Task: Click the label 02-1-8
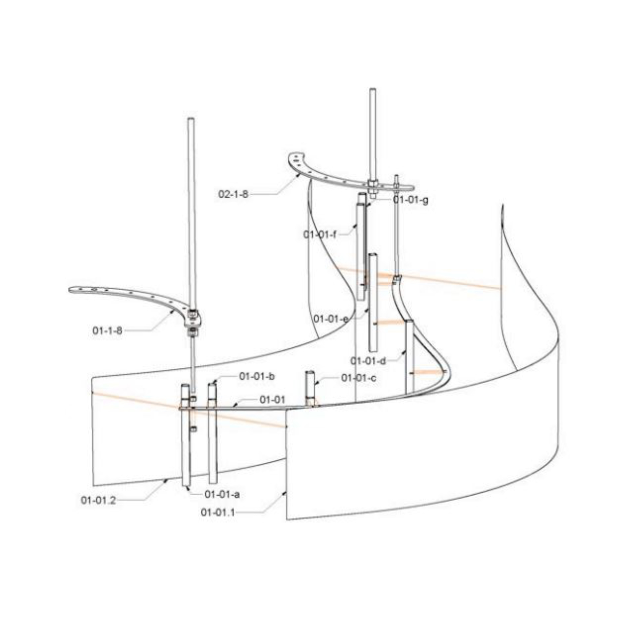pos(233,194)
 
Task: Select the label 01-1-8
pos(107,331)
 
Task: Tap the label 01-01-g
pos(411,200)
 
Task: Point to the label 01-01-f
pos(320,234)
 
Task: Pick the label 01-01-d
pos(368,361)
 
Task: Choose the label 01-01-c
pos(359,378)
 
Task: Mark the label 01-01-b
pos(256,377)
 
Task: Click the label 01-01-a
pos(222,494)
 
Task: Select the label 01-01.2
pos(99,501)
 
